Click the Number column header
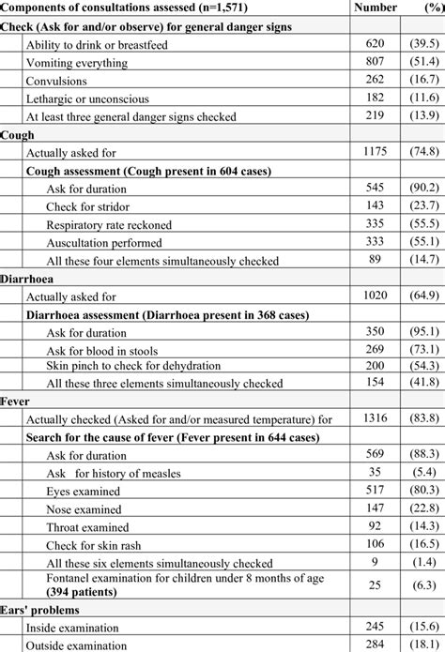(x=374, y=8)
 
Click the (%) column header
(x=423, y=8)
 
